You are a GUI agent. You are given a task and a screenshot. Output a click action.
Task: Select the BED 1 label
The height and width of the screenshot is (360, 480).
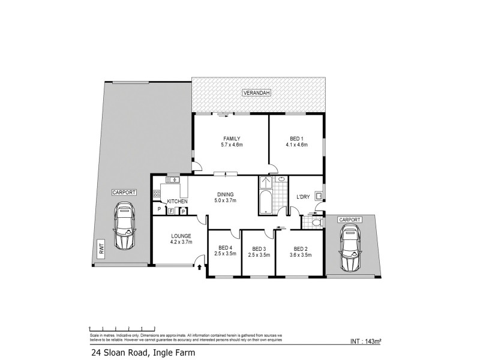point(297,137)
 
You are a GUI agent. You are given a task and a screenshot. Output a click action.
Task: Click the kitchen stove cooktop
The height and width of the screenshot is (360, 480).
point(157,193)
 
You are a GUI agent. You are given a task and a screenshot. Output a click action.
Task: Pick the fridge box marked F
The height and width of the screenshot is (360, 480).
point(170,211)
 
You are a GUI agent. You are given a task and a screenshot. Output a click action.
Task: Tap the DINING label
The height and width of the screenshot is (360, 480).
point(227,194)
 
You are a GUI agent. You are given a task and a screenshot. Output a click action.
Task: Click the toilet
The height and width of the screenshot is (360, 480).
point(319,223)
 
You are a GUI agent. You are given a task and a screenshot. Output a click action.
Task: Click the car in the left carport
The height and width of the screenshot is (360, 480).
point(125,226)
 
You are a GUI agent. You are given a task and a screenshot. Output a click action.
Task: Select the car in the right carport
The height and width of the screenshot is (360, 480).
point(350,248)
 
